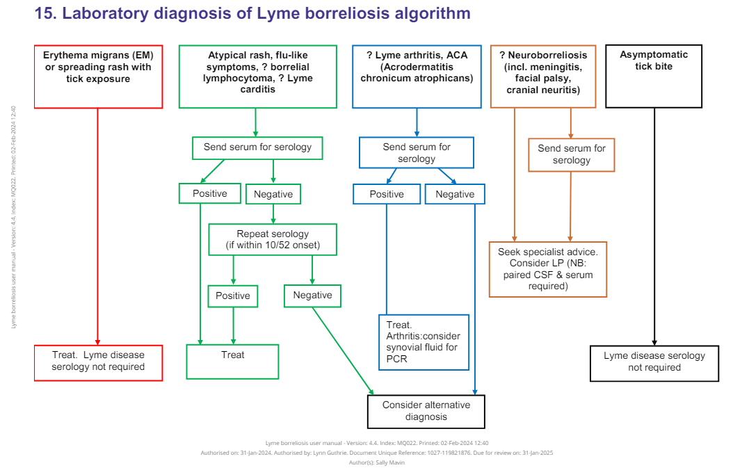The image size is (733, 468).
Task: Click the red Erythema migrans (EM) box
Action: coord(97,76)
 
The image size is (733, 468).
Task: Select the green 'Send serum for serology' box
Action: coord(257,147)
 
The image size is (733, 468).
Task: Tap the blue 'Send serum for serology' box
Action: coord(416,152)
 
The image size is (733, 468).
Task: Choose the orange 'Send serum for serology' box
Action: coord(572,154)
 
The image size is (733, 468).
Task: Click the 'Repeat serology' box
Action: coord(273,239)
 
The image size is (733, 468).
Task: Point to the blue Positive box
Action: coord(386,194)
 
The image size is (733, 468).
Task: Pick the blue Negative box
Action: coord(455,194)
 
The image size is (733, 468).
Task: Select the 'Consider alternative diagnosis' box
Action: coord(426,411)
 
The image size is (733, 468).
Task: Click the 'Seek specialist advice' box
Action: coord(547,269)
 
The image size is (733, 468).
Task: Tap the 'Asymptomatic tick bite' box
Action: coord(654,76)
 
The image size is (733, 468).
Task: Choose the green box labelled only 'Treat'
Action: coord(232,361)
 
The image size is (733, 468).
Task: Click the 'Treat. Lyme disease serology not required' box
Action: coord(98,362)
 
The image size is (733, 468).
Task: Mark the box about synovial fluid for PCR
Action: coord(424,342)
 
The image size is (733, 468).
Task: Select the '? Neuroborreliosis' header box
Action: coord(543,76)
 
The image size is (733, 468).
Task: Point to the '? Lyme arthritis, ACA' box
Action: coord(417,76)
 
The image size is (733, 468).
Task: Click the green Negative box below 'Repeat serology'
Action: coord(312,296)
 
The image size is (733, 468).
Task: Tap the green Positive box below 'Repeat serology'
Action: coord(232,296)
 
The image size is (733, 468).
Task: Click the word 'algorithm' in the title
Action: coord(428,13)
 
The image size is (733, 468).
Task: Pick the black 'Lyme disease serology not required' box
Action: coord(654,362)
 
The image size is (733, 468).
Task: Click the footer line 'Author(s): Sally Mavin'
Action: coord(376,462)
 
